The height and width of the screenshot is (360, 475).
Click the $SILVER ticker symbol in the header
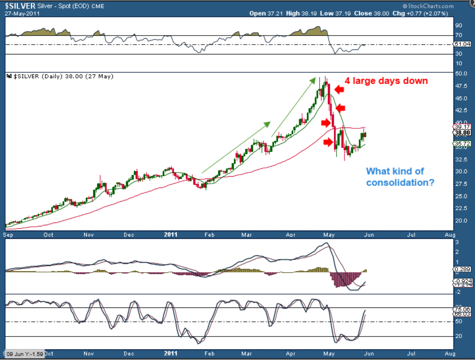pos(20,6)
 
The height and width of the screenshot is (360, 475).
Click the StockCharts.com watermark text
pos(428,6)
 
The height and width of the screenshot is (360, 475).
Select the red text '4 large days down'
pos(386,81)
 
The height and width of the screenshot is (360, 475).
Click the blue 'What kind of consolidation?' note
pos(400,177)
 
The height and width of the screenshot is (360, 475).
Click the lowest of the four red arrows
pos(328,142)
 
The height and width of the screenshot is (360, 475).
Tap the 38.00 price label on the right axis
pos(462,133)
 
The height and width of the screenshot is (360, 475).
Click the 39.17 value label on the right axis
pos(462,127)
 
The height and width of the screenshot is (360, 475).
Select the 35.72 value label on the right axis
pos(462,144)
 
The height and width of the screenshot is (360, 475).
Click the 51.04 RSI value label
pos(463,44)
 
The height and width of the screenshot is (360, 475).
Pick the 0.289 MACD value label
pos(463,269)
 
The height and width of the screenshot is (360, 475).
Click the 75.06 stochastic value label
pos(463,309)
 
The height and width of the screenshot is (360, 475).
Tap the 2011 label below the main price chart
pos(170,235)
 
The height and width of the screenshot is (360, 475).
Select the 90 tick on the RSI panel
pos(459,26)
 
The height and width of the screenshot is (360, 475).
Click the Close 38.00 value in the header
pos(371,14)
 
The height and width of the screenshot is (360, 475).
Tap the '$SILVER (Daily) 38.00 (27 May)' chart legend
pos(60,77)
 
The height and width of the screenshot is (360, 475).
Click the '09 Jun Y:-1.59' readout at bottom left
pos(25,354)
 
